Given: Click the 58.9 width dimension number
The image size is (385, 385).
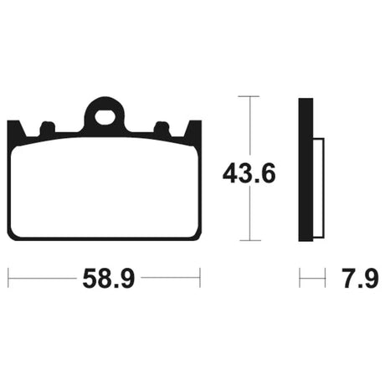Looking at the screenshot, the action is tap(109, 278).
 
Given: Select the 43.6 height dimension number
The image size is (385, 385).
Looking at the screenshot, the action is tap(249, 173).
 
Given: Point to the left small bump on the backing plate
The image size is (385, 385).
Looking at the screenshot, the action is tap(48, 127).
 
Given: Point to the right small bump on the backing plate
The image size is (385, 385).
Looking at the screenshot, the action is tap(162, 127).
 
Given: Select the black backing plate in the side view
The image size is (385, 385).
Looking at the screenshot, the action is tap(305, 170).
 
